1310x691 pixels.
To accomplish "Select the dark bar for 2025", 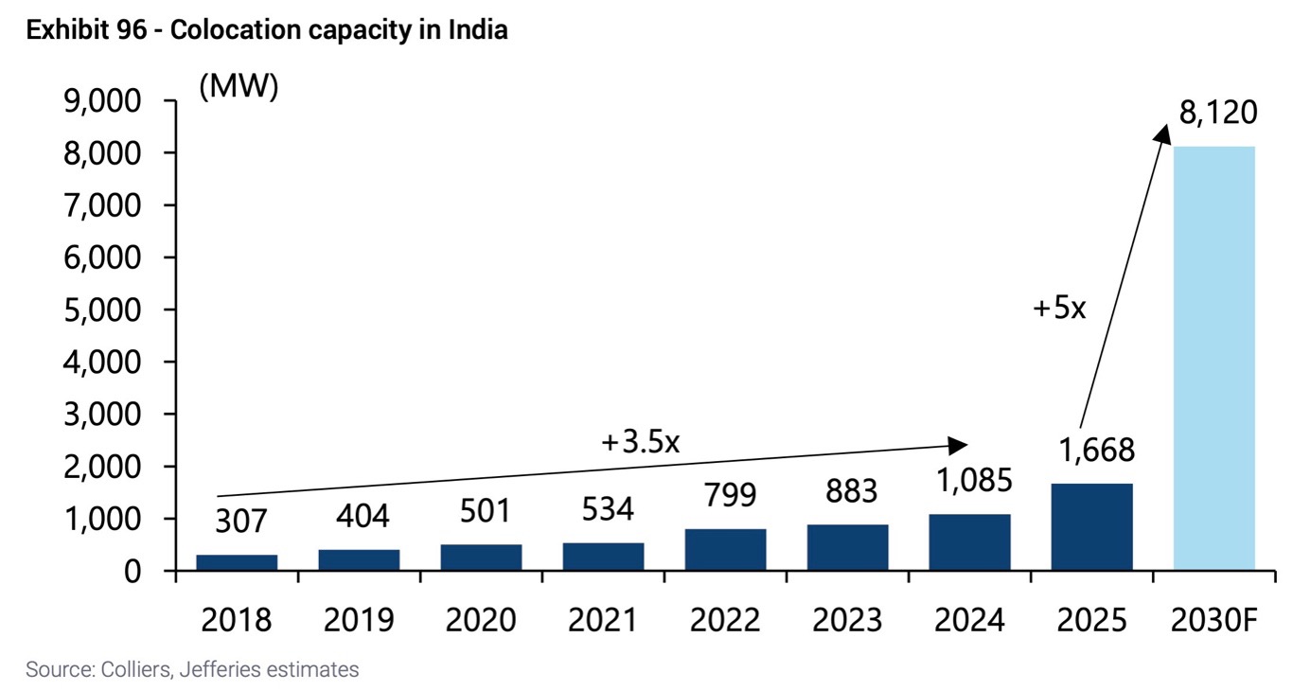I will pos(1091,527).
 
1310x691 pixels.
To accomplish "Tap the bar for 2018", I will pos(237,562).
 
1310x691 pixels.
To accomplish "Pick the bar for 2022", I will pos(725,550).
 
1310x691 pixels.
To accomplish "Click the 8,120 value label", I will pos(1218,113).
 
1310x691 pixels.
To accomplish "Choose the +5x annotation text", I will pos(1058,308).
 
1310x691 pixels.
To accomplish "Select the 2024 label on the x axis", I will pos(969,620).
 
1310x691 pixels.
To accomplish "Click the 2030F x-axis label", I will pos(1215,620).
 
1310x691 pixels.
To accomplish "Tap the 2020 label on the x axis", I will pos(481,620).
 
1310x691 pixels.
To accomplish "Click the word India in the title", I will pos(480,30).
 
